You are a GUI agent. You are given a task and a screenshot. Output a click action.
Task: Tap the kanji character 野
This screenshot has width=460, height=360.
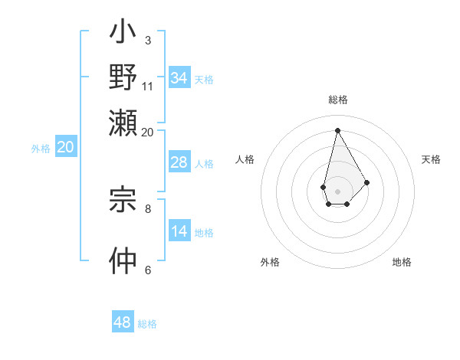click(123, 78)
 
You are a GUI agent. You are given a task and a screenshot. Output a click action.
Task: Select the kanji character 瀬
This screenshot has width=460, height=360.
click(123, 121)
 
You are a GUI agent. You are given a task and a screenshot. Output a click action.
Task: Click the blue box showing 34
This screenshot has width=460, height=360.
click(179, 78)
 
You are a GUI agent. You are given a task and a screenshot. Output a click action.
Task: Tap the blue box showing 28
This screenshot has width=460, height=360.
click(179, 163)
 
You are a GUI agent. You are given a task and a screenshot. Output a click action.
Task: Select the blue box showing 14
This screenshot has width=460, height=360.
click(179, 232)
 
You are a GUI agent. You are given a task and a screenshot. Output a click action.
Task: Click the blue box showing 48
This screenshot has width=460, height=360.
click(123, 322)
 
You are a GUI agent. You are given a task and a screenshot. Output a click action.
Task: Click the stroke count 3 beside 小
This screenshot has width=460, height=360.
click(147, 40)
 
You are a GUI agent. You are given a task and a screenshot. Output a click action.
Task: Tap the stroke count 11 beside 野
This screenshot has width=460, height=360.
click(148, 86)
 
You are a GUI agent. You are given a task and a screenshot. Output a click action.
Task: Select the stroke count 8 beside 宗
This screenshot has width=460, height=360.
click(147, 208)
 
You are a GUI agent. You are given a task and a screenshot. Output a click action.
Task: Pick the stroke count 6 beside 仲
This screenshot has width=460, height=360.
click(147, 270)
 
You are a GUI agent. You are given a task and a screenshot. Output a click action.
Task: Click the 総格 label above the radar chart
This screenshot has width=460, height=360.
click(338, 100)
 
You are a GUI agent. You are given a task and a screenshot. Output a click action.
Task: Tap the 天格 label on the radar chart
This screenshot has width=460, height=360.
click(431, 159)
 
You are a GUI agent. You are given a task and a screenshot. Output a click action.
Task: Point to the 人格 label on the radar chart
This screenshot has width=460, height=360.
click(245, 159)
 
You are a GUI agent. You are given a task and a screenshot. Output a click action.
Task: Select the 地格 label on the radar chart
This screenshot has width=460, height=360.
click(402, 263)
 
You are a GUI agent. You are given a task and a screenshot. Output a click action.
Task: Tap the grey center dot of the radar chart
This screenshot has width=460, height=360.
click(337, 190)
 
